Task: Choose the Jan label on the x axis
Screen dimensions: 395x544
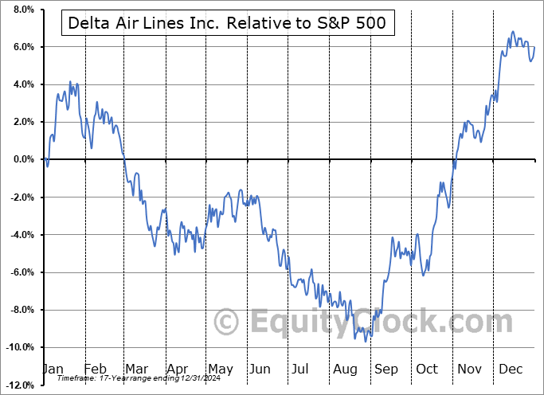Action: coord(52,369)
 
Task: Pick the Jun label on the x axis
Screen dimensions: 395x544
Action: coord(259,369)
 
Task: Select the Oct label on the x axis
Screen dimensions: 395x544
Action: coord(426,369)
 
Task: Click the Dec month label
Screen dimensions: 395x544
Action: coord(510,369)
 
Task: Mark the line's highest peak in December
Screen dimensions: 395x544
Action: coord(512,32)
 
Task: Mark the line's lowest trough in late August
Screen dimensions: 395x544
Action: coord(366,341)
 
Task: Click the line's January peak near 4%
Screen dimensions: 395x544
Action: coord(70,82)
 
